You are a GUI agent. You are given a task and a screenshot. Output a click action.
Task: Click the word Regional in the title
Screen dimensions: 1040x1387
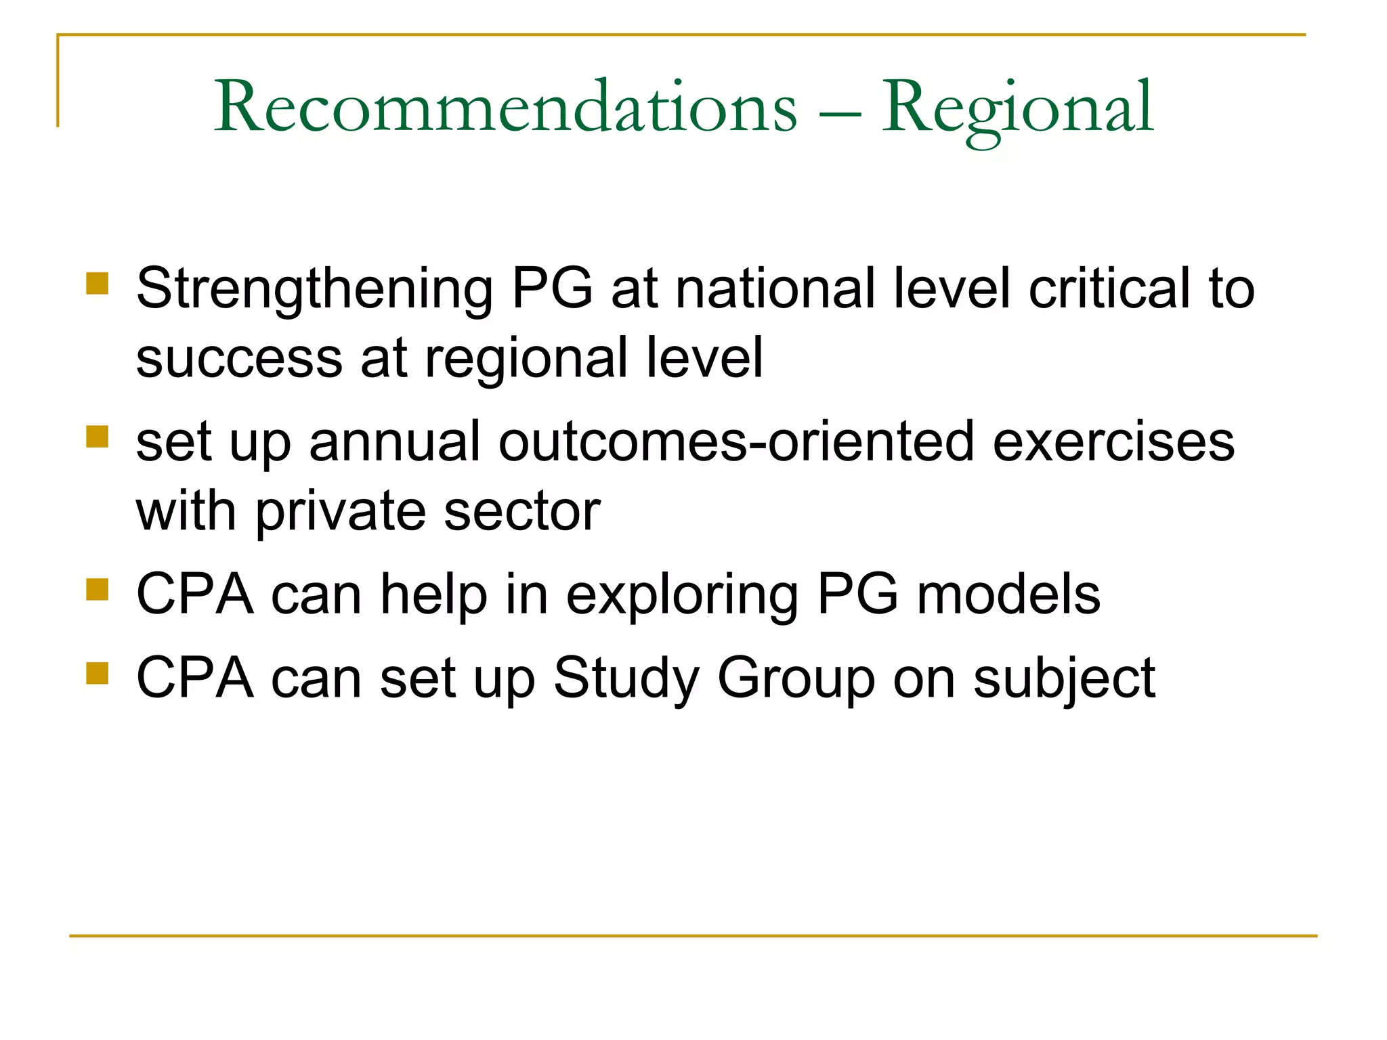1017,108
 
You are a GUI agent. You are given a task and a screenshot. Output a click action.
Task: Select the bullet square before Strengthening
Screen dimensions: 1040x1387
98,284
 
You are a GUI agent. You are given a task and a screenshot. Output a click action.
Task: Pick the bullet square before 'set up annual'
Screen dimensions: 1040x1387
98,437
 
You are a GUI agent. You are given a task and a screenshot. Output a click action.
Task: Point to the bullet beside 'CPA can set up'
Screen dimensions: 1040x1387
98,673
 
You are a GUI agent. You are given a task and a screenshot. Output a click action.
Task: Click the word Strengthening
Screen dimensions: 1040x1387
314,290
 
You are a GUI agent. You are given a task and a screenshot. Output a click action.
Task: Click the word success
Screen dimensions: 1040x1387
239,359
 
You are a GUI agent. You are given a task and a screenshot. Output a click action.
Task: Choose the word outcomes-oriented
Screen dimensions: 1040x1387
736,441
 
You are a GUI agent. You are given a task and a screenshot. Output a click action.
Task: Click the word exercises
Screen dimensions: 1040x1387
1113,441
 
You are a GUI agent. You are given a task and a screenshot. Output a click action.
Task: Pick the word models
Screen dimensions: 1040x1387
1008,594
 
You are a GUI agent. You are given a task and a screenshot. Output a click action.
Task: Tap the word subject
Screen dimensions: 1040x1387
1064,679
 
